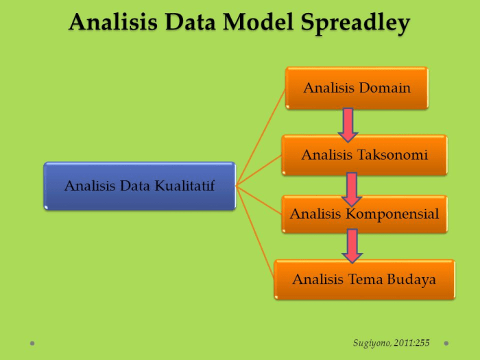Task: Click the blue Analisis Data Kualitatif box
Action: tap(139, 186)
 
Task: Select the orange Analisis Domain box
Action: tap(357, 88)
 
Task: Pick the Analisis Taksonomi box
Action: tap(364, 155)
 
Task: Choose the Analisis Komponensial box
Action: tap(364, 214)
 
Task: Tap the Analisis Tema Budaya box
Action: tap(364, 279)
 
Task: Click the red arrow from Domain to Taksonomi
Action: tap(348, 123)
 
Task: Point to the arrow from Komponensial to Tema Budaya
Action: tap(352, 245)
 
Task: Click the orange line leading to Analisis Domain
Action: tap(261, 137)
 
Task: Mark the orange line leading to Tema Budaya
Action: tap(256, 233)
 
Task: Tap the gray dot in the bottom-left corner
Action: tap(33, 343)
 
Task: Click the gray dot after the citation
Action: tap(446, 343)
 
